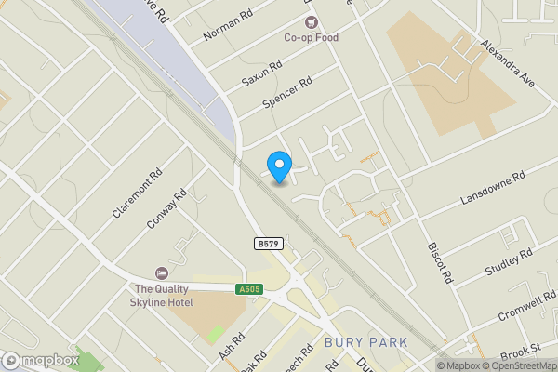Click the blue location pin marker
pyautogui.click(x=279, y=166)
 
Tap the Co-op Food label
pyautogui.click(x=311, y=38)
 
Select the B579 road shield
pyautogui.click(x=268, y=244)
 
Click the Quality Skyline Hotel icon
pyautogui.click(x=162, y=273)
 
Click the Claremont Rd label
pyautogui.click(x=137, y=193)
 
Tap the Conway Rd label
pyautogui.click(x=167, y=209)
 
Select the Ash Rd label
pyautogui.click(x=232, y=346)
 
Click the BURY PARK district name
pyautogui.click(x=366, y=343)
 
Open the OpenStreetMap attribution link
pyautogui.click(x=516, y=365)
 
